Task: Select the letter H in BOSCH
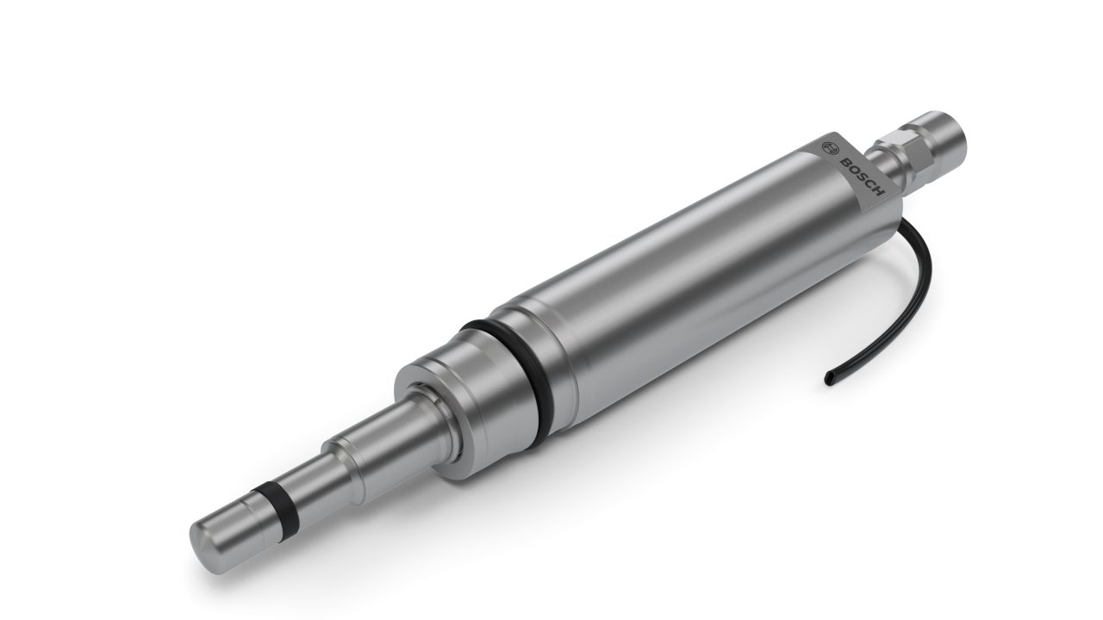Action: pos(877,197)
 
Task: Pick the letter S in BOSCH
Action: pos(860,178)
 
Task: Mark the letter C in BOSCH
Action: pos(869,188)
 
